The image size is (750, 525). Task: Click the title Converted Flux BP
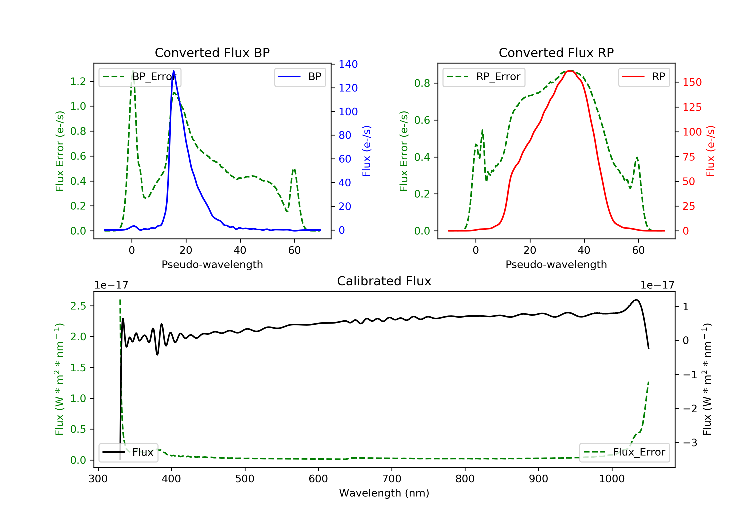(212, 52)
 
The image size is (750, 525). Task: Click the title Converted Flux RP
(556, 52)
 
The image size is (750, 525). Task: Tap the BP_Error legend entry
(140, 77)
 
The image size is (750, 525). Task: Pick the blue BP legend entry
(300, 77)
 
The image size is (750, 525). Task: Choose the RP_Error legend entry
(484, 77)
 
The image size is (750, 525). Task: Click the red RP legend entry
(644, 77)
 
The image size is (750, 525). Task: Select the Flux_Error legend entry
(624, 452)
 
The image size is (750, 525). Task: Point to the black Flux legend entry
(128, 452)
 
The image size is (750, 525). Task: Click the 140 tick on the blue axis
(348, 64)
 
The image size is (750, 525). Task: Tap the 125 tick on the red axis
(692, 107)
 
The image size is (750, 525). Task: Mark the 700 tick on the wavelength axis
(392, 479)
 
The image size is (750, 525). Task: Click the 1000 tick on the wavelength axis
(611, 479)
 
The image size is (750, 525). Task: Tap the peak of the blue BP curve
(173, 71)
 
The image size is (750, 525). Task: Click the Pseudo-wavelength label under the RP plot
(556, 264)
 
